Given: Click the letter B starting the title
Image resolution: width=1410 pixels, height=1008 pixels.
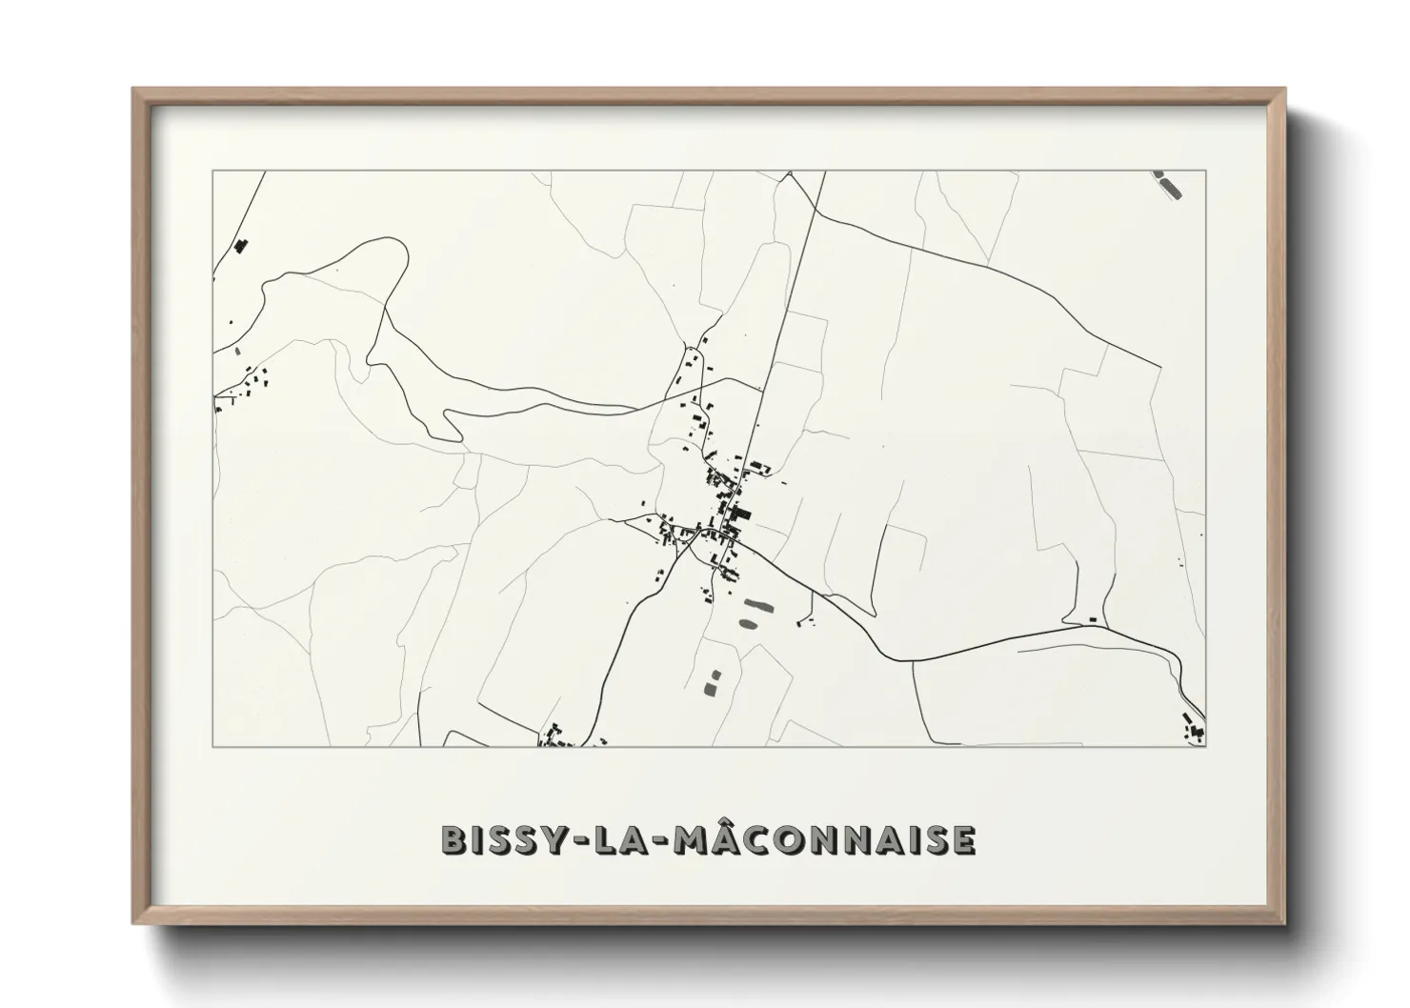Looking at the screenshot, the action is click(x=453, y=839).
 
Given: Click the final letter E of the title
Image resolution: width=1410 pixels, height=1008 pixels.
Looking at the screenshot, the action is click(x=963, y=839).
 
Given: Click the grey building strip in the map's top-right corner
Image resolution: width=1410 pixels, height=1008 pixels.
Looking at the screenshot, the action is click(x=1171, y=185).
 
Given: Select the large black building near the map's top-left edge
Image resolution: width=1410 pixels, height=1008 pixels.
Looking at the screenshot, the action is click(x=240, y=247).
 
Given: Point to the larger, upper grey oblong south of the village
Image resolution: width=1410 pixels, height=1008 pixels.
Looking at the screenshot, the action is click(x=758, y=604).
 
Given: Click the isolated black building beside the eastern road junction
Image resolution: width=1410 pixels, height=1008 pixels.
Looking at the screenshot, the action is click(x=1093, y=620).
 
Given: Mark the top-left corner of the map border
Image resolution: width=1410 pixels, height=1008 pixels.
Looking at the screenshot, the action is click(x=213, y=171).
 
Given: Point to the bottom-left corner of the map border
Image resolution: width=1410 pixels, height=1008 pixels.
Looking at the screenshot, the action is click(x=213, y=746).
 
